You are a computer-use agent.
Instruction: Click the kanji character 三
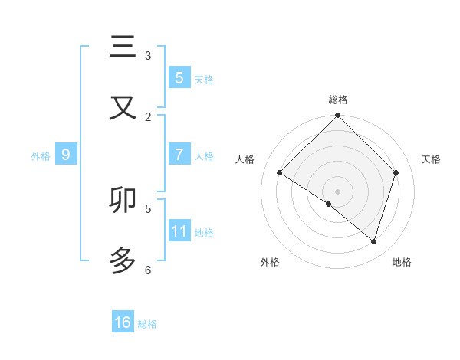[x=122, y=47]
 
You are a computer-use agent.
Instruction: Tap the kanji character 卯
[x=122, y=200]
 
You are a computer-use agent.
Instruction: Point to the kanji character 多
[x=122, y=261]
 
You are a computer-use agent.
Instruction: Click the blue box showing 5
[x=179, y=77]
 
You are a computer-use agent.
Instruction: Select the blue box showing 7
[x=179, y=154]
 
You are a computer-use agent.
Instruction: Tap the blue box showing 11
[x=179, y=231]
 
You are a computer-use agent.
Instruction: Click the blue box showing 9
[x=66, y=154]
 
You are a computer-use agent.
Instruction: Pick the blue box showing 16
[x=123, y=322]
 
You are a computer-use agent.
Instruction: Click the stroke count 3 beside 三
[x=148, y=55]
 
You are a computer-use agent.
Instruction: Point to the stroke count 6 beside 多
[x=148, y=270]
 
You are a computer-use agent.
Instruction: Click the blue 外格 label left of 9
[x=41, y=155]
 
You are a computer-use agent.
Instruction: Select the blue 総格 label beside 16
[x=147, y=324]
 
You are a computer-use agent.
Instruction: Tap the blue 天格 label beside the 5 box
[x=204, y=79]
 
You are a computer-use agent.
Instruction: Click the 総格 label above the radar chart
[x=338, y=100]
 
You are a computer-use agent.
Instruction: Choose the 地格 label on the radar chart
[x=402, y=263]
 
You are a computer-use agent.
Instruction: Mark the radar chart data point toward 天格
[x=396, y=173]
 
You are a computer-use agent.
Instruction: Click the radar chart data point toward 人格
[x=280, y=173]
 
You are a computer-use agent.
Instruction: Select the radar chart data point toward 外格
[x=329, y=205]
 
